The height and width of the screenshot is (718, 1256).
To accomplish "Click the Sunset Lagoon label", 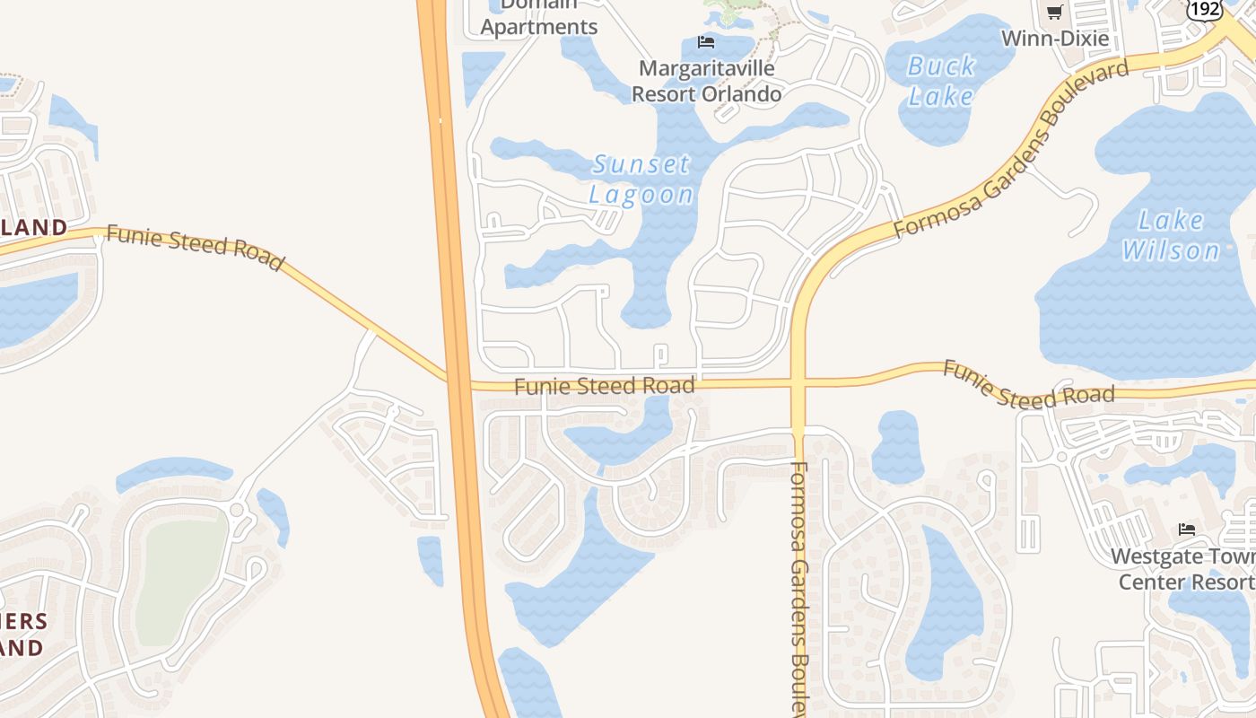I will coord(641,179).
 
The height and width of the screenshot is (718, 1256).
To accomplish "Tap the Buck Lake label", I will coord(941,81).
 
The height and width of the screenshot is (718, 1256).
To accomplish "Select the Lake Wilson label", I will coord(1171,235).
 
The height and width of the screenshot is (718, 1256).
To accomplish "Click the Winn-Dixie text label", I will coord(1055,39).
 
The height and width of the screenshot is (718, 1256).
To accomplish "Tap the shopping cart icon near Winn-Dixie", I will coord(1055,13).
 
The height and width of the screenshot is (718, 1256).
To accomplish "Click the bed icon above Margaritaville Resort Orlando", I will coord(706,42).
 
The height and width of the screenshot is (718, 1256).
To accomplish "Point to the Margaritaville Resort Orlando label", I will coord(707,81).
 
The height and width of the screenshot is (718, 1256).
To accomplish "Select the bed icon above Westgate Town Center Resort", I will coord(1187,530).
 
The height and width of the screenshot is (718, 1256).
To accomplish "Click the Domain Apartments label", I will coord(538,18).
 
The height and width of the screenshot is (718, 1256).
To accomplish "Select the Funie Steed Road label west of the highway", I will coord(195,248).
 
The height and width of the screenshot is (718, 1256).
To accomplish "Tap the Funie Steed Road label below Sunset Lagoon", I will coord(605,387).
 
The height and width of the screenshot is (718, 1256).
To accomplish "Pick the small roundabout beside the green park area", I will coord(238,511).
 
